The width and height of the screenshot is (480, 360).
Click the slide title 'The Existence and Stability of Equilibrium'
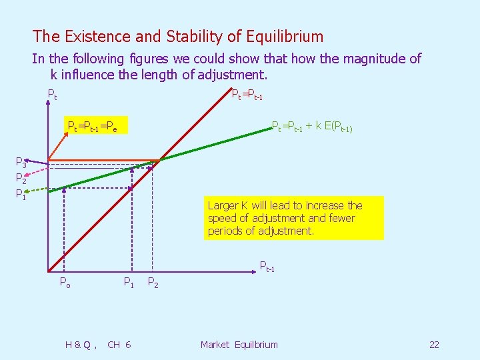pyautogui.click(x=177, y=37)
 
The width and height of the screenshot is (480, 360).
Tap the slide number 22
pyautogui.click(x=434, y=345)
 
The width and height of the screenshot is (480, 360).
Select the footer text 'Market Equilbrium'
pyautogui.click(x=239, y=345)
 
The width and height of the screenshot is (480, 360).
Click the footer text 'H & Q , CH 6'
pyautogui.click(x=98, y=345)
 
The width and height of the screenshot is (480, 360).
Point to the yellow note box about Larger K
pyautogui.click(x=294, y=218)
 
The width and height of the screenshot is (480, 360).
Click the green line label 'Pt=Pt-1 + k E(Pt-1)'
pyautogui.click(x=311, y=126)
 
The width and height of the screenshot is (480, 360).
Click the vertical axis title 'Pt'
pyautogui.click(x=52, y=95)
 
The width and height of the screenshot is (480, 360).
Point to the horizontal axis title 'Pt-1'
pyautogui.click(x=267, y=268)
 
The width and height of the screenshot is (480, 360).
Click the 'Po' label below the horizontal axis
pyautogui.click(x=65, y=282)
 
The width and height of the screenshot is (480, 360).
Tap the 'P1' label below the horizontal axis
pyautogui.click(x=129, y=282)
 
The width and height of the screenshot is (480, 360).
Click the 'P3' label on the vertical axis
pyautogui.click(x=21, y=163)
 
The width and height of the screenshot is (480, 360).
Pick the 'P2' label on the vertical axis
pyautogui.click(x=21, y=179)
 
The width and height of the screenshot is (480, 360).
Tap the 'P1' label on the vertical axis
pyautogui.click(x=21, y=195)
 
